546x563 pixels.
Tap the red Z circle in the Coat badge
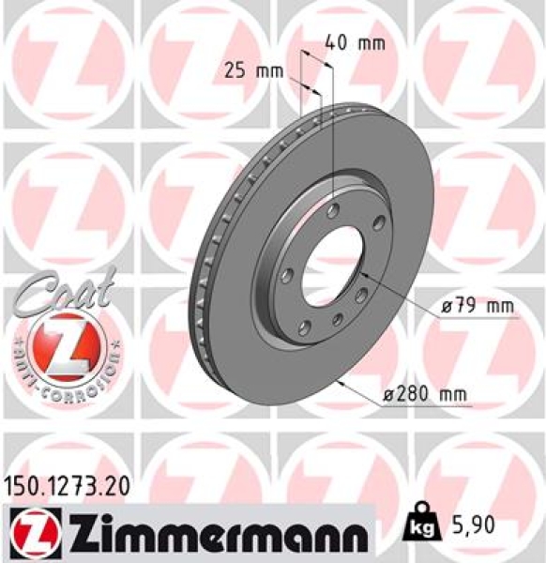click(x=61, y=348)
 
